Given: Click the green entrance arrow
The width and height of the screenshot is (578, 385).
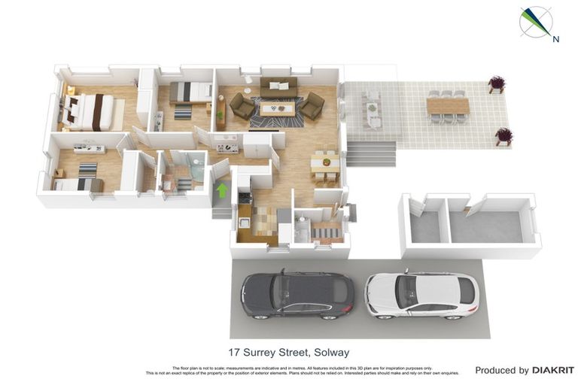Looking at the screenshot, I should coord(222,190).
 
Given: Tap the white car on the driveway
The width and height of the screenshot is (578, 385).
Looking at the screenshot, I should coord(421,294).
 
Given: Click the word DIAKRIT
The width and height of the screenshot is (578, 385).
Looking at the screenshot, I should coord(553,370).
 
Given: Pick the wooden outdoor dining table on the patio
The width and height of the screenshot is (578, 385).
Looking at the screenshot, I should coord(448,106).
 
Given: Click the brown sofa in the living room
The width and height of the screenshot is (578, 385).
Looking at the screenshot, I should coord(278,87).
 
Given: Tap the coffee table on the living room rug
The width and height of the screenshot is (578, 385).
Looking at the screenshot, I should coord(276,108).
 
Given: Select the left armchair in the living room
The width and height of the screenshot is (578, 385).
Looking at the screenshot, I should coord(241,106).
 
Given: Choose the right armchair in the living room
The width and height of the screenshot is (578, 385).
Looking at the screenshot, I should coord(312,106).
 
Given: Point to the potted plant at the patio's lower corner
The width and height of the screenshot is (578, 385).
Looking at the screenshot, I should coord(503,136).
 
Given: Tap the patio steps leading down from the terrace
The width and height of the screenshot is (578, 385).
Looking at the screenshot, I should coord(371,155).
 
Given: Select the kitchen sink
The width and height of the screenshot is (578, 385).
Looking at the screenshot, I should coord(244,222).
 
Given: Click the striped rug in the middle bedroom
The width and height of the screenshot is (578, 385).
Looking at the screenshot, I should coord(183,112).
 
